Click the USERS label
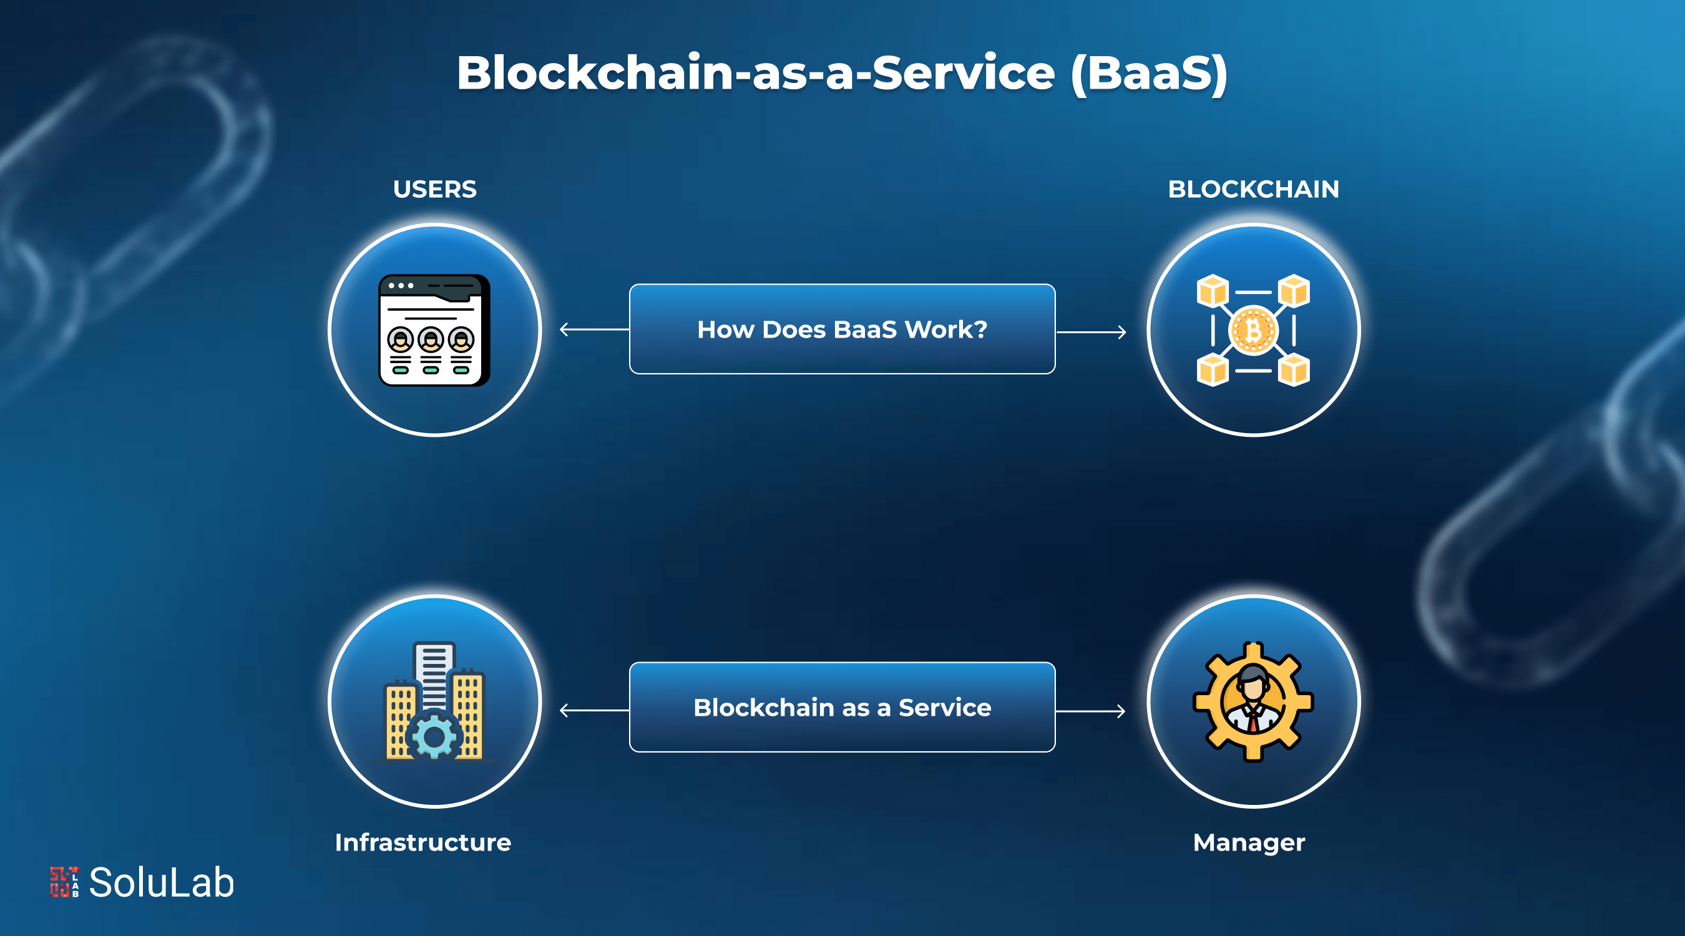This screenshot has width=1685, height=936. coord(434,190)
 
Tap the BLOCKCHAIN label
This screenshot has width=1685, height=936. coord(1253,190)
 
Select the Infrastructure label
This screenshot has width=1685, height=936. coord(422,842)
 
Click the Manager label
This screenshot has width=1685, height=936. coord(1249,842)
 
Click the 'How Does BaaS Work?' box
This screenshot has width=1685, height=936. coord(842,329)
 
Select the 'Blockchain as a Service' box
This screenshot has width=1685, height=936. coord(842,707)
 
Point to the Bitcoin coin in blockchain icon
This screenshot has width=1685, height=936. coord(1253,330)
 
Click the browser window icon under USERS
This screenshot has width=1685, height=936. coord(434,330)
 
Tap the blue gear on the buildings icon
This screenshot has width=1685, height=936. coord(434,737)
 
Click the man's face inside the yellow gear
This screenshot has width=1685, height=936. coord(1253,687)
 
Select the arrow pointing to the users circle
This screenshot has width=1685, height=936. coord(592,329)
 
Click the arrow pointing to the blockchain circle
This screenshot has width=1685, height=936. coord(1092,332)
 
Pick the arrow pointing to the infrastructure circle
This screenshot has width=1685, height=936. coord(592,710)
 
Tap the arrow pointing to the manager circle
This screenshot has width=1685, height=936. coord(1092,711)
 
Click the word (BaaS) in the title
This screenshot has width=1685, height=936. coord(1150,73)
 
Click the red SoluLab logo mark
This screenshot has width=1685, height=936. coord(64,882)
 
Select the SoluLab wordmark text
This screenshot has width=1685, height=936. coord(161,882)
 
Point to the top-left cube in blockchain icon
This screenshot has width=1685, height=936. coord(1212,291)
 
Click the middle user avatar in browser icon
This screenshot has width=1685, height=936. coord(431,339)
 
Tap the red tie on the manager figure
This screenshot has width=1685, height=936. coord(1253,721)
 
